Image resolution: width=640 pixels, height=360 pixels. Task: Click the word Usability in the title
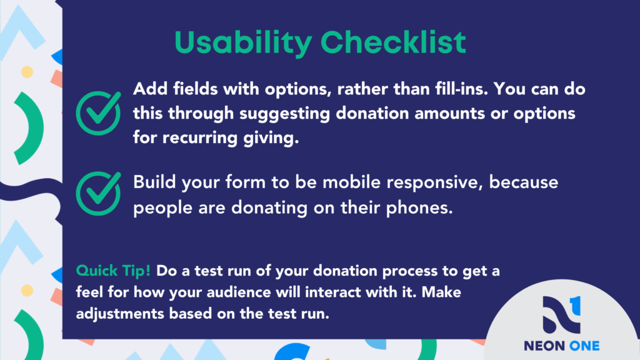click(243, 43)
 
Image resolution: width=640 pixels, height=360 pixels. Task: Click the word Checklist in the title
click(393, 42)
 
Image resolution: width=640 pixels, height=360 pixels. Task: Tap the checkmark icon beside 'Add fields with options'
click(98, 113)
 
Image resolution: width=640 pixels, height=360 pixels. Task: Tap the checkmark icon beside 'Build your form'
click(98, 194)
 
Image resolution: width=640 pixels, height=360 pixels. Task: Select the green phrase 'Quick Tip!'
click(113, 271)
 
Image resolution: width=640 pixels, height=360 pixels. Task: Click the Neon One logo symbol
click(562, 314)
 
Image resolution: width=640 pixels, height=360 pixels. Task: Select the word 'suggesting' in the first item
click(284, 114)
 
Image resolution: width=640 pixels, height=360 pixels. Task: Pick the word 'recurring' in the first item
click(200, 138)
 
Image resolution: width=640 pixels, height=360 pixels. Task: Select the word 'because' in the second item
click(524, 182)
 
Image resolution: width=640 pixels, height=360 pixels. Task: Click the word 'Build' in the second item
click(155, 182)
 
